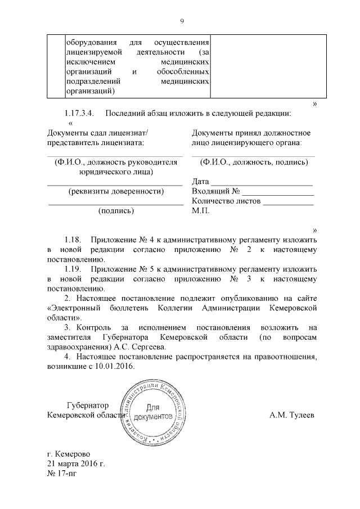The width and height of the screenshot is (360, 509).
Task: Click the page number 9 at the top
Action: [182, 21]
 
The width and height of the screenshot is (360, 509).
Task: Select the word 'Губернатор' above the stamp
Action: [87, 405]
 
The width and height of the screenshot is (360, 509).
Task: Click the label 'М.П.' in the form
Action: [200, 211]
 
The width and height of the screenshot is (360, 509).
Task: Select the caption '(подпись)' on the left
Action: [115, 211]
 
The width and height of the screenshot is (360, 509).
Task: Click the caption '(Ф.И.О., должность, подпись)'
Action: [254, 162]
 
